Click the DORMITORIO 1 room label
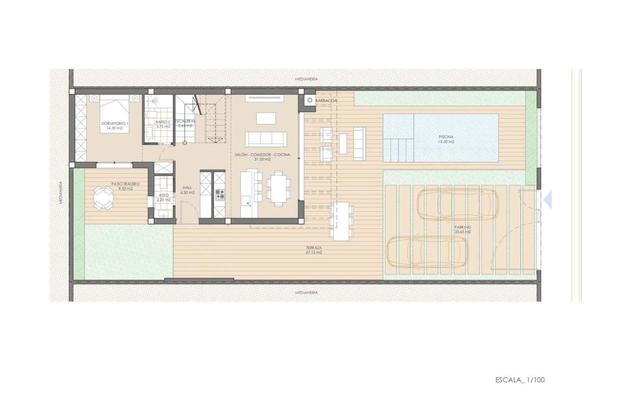114,125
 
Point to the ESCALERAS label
185,123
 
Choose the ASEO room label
163,197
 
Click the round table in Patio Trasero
103,198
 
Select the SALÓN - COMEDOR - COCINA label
262,157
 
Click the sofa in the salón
265,139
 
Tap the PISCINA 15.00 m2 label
446,139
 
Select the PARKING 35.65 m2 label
462,229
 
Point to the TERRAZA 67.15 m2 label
314,250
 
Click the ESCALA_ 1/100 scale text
520,380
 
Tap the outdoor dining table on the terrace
341,220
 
